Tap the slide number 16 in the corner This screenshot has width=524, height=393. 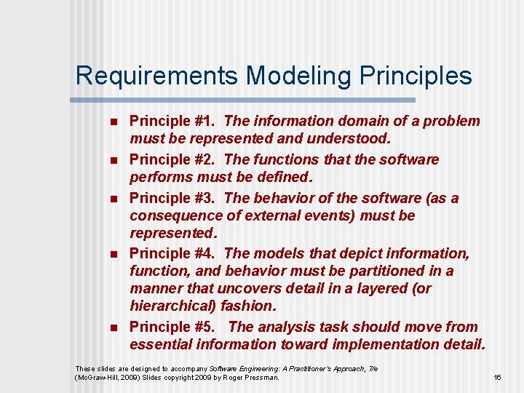click(498, 378)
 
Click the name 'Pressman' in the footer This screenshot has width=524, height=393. click(258, 378)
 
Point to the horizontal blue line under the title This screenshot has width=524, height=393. click(245, 100)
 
